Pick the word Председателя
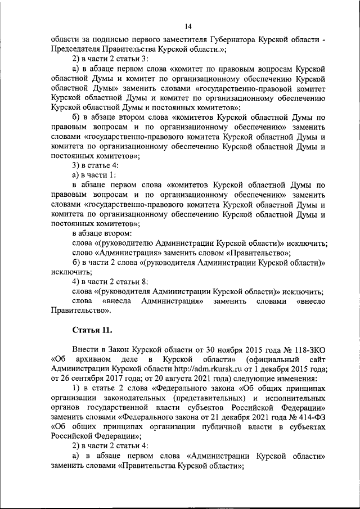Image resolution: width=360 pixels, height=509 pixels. (76, 49)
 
